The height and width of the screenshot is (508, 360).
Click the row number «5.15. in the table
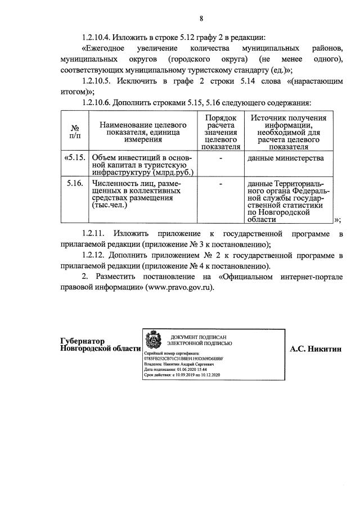(x=75, y=158)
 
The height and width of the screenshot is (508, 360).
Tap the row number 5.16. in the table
(x=75, y=183)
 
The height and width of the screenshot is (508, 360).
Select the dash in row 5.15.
(x=222, y=158)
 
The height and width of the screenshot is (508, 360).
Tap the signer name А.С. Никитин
(x=316, y=348)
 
